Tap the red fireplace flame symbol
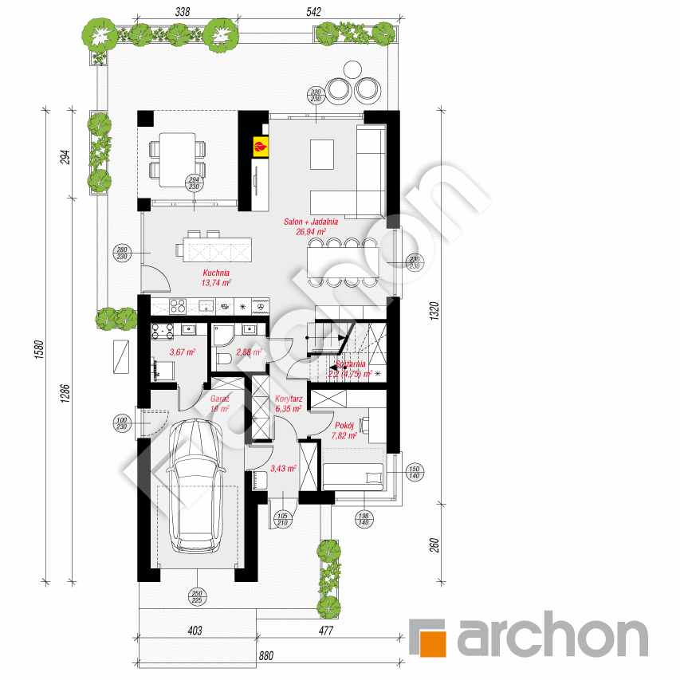coord(261,145)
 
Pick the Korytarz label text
coord(287,403)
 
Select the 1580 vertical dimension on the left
coord(38,348)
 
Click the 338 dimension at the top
coord(182,11)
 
